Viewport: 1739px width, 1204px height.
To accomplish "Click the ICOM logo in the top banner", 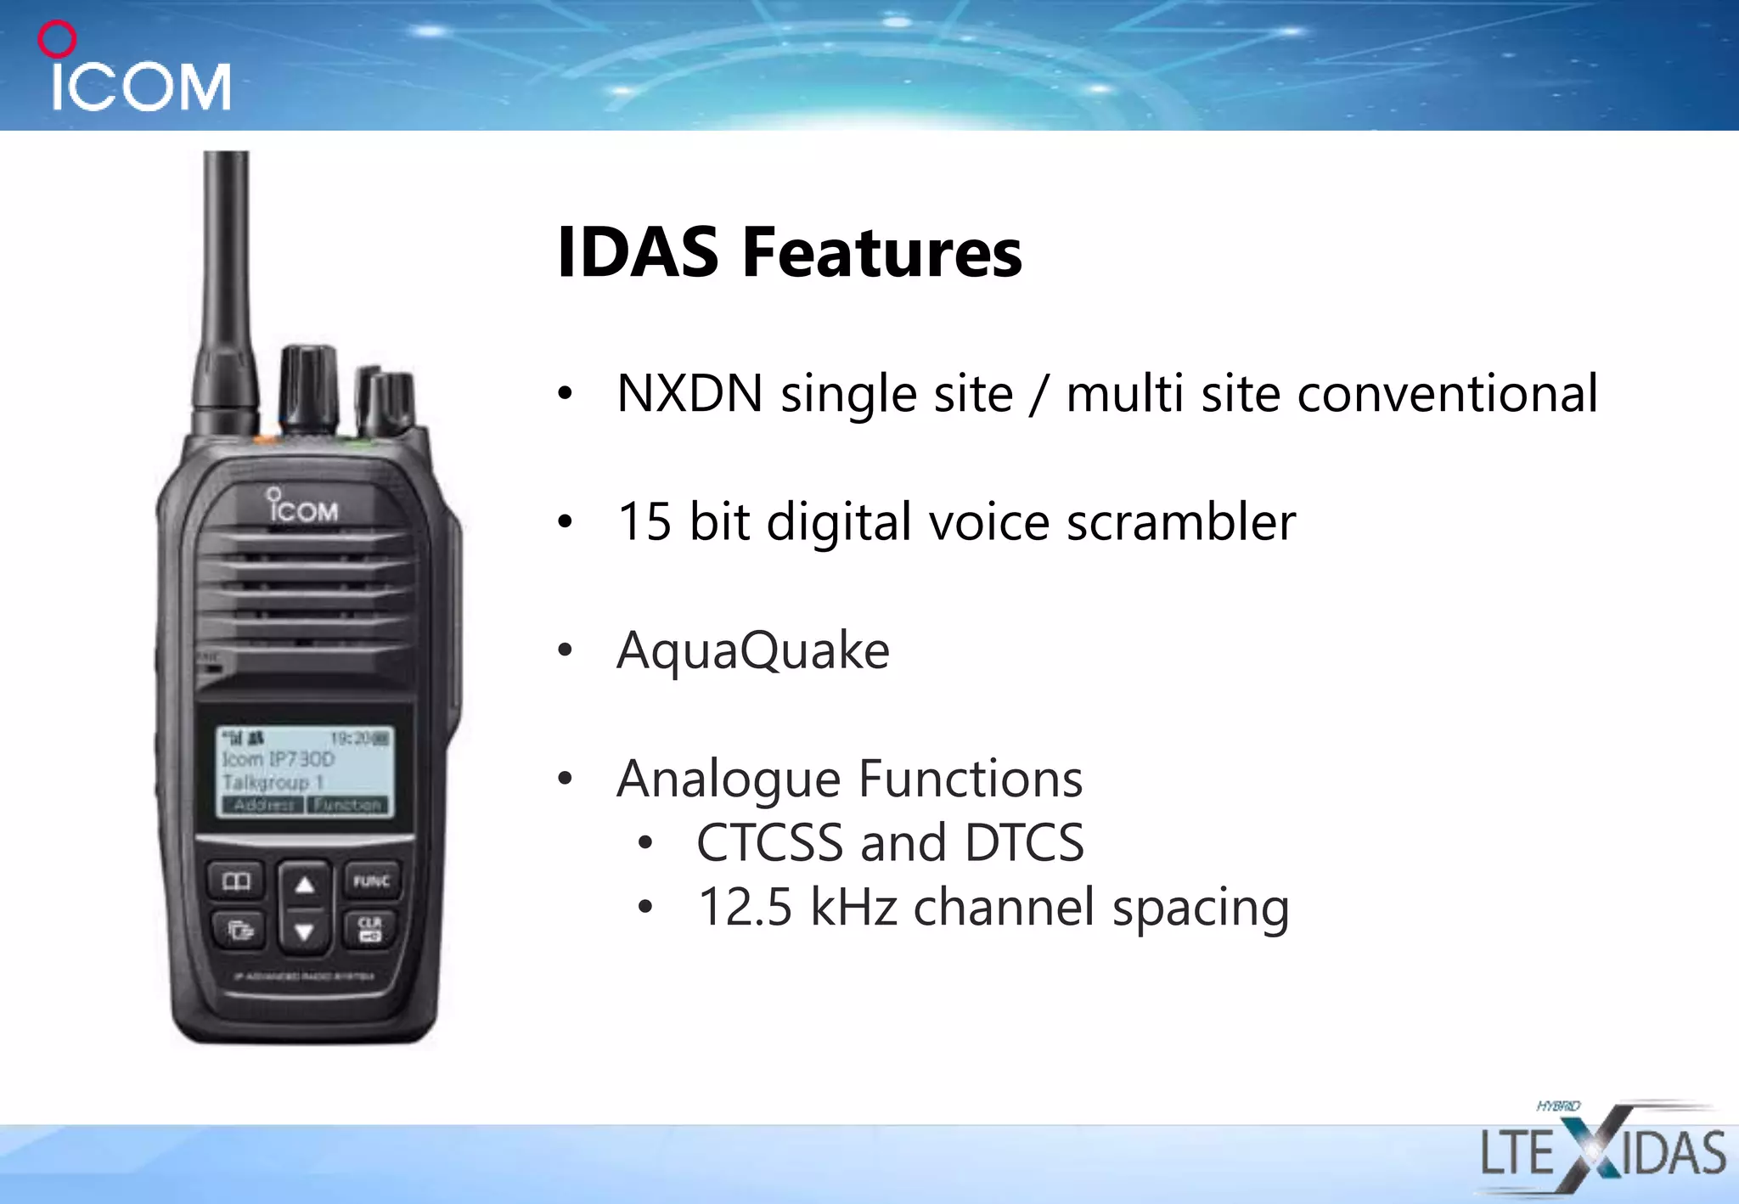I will click(x=136, y=71).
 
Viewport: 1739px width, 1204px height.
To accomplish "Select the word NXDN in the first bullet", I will click(x=689, y=394).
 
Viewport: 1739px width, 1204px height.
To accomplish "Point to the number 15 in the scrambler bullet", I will click(x=644, y=521).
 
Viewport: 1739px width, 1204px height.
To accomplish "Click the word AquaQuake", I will click(x=752, y=650).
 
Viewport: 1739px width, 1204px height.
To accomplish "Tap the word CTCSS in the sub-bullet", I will click(x=769, y=843).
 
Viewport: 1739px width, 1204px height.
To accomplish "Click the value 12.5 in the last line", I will click(x=744, y=907).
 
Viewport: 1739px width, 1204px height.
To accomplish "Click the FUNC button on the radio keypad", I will click(x=371, y=881).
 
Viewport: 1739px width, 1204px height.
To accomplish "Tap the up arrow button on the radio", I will click(x=304, y=885).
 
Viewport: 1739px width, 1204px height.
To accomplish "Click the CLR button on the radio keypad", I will click(x=370, y=929).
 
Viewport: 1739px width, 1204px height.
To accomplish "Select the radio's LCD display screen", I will click(x=304, y=771).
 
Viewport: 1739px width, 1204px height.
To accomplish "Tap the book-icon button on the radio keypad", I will click(x=236, y=881).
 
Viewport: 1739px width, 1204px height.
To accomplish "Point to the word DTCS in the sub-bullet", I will click(x=1024, y=843).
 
